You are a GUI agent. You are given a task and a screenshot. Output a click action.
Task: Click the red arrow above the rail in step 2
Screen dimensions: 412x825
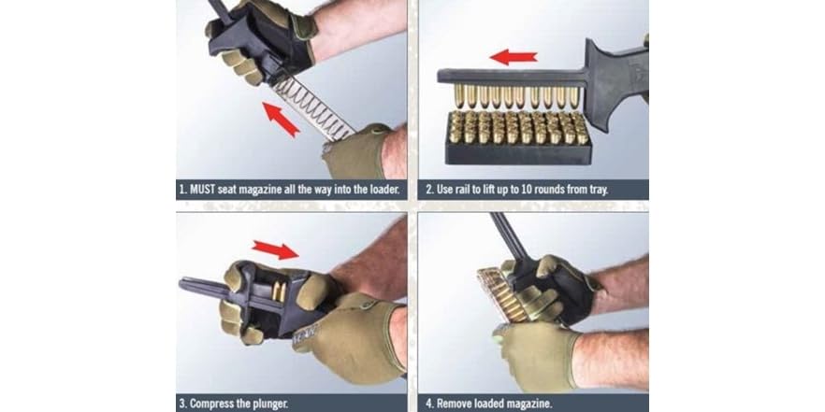click(x=513, y=57)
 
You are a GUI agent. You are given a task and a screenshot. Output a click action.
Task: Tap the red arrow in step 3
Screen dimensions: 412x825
click(x=275, y=249)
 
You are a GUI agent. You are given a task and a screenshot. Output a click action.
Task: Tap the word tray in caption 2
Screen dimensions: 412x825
click(x=596, y=190)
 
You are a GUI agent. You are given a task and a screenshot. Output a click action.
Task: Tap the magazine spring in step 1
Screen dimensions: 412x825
click(x=318, y=105)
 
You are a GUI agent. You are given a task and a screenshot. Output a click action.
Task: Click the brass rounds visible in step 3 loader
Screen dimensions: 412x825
click(x=278, y=290)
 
